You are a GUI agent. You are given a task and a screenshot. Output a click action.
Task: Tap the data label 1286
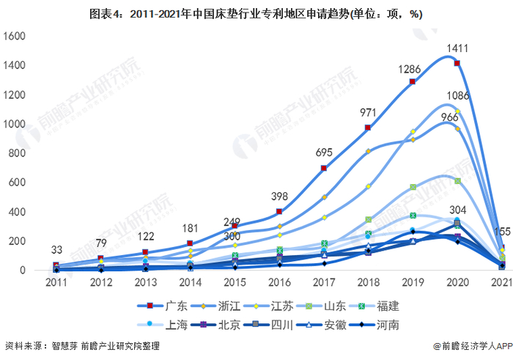click(x=410, y=70)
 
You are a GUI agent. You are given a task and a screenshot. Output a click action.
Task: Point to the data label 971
click(x=369, y=112)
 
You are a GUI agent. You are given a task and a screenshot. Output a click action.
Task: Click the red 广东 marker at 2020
click(x=457, y=64)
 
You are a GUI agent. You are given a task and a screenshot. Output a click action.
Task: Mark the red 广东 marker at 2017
click(x=323, y=169)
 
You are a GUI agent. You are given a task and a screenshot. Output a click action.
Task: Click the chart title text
click(x=256, y=12)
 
